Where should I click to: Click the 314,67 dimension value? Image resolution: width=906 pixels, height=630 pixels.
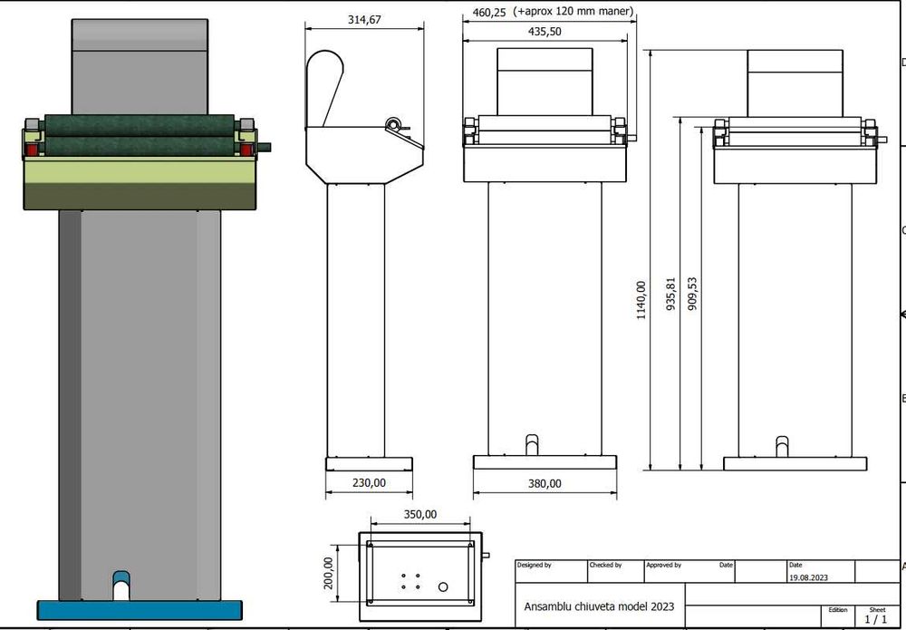click(363, 20)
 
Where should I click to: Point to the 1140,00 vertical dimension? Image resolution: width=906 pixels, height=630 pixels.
click(641, 299)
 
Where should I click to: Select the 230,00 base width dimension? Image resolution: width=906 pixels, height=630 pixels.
click(369, 483)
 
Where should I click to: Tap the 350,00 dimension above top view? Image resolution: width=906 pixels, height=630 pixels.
click(419, 514)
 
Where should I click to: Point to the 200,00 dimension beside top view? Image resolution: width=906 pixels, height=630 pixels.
click(329, 573)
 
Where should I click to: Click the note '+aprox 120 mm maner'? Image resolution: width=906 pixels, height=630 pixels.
click(573, 13)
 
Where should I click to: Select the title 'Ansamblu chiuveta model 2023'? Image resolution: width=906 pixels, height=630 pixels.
click(599, 606)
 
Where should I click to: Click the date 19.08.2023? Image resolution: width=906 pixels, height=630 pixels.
click(808, 577)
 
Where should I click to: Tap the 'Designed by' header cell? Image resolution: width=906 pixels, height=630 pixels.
click(535, 565)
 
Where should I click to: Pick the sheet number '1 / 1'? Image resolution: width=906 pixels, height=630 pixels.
click(876, 620)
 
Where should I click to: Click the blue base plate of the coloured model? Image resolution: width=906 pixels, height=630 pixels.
click(140, 610)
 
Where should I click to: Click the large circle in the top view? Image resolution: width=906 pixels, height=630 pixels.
click(443, 587)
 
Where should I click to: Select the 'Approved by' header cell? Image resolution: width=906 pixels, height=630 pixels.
click(664, 565)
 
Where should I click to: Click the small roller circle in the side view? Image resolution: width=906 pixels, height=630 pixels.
click(393, 125)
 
